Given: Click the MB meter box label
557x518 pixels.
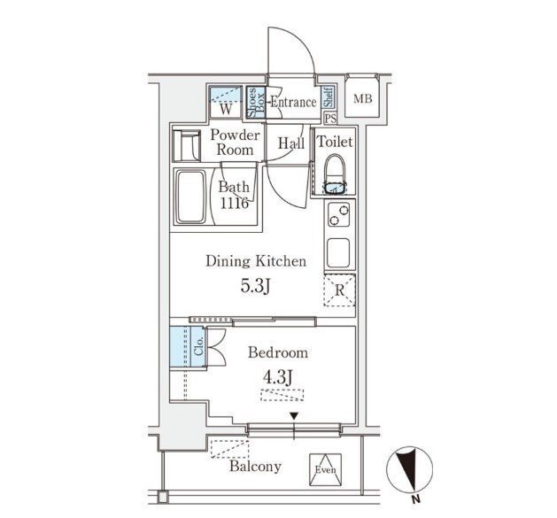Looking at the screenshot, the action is pyautogui.click(x=363, y=98).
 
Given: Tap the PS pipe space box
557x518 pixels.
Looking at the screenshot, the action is pyautogui.click(x=330, y=119).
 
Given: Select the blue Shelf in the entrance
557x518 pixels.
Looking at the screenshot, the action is pyautogui.click(x=329, y=97).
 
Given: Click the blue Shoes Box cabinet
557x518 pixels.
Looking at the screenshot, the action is pyautogui.click(x=256, y=103).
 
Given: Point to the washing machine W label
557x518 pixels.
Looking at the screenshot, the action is pyautogui.click(x=226, y=109).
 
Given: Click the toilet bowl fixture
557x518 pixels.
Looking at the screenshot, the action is pyautogui.click(x=335, y=174).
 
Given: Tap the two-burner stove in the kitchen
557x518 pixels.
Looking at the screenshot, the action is pyautogui.click(x=338, y=214).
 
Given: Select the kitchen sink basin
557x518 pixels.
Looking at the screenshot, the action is pyautogui.click(x=338, y=252).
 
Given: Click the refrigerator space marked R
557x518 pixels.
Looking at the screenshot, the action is pyautogui.click(x=339, y=290).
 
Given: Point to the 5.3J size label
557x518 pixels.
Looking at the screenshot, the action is pyautogui.click(x=256, y=286).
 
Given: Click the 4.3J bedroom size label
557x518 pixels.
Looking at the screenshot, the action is pyautogui.click(x=278, y=377).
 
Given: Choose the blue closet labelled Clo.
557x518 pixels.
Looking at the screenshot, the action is pyautogui.click(x=188, y=347).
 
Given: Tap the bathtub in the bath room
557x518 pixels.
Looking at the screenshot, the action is pyautogui.click(x=191, y=197).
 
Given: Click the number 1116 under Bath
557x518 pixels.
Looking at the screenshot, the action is pyautogui.click(x=234, y=204).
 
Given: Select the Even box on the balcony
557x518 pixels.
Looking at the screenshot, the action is pyautogui.click(x=325, y=469).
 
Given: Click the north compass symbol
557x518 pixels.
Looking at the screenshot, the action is pyautogui.click(x=410, y=469).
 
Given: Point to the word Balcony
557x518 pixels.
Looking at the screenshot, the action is pyautogui.click(x=255, y=467).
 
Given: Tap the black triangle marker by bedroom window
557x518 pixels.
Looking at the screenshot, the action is pyautogui.click(x=294, y=415).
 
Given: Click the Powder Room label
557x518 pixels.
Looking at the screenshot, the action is pyautogui.click(x=235, y=142).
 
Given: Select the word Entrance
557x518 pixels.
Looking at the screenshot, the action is pyautogui.click(x=293, y=103).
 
